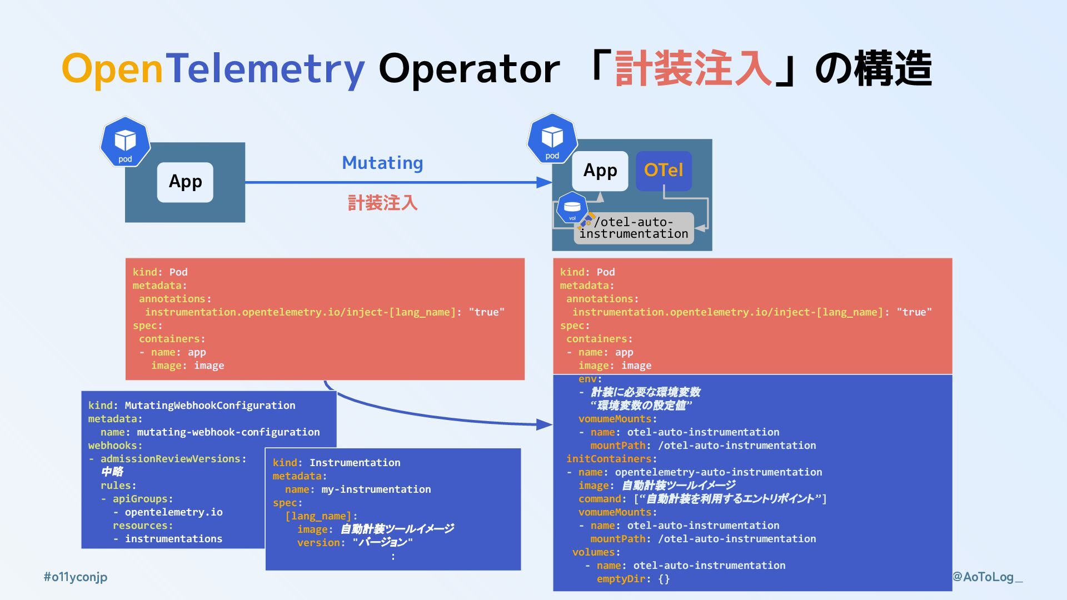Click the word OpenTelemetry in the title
tap(213, 69)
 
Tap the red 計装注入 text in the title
tap(693, 69)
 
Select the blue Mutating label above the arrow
tap(382, 163)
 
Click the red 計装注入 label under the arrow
tap(382, 203)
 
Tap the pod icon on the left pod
tap(125, 142)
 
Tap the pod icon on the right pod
tap(552, 139)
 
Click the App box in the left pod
tap(185, 182)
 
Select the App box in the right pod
tap(600, 171)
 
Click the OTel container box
tap(664, 171)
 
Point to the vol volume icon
tap(572, 209)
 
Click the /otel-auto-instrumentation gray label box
tap(634, 228)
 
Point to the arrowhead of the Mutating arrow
tap(545, 182)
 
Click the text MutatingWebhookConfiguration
tap(210, 406)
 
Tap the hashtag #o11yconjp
tap(76, 577)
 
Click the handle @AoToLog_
tap(988, 577)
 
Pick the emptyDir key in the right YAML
tap(621, 579)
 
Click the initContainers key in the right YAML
tap(609, 459)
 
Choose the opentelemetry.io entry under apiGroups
tap(173, 512)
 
